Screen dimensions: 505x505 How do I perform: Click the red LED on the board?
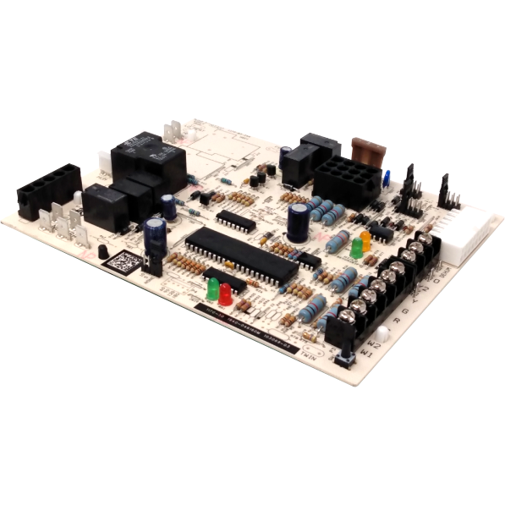tap(225, 293)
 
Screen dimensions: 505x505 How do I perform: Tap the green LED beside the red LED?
tap(211, 287)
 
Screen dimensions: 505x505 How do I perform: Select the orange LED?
tap(365, 239)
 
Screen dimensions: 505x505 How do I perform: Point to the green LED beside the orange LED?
tap(357, 248)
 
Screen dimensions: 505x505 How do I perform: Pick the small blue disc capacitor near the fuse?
tap(386, 178)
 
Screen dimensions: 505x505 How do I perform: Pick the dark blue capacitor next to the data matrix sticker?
tap(155, 233)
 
